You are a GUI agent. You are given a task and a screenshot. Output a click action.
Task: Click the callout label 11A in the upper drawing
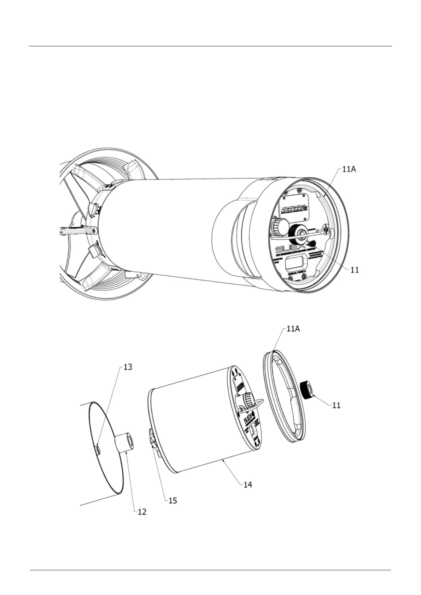[349, 170]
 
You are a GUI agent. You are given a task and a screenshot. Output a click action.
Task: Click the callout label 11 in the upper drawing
[354, 270]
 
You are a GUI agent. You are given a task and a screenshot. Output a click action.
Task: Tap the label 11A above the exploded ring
[293, 329]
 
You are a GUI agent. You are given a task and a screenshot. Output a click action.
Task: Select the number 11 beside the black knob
[336, 405]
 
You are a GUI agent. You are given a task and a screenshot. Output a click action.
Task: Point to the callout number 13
[128, 367]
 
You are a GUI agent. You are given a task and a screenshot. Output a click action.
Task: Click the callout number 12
[142, 511]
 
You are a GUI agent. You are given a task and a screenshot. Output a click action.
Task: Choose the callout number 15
[173, 500]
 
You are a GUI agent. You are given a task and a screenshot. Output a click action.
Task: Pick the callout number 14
[248, 484]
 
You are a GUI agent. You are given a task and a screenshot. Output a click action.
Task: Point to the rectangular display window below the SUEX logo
[296, 263]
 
